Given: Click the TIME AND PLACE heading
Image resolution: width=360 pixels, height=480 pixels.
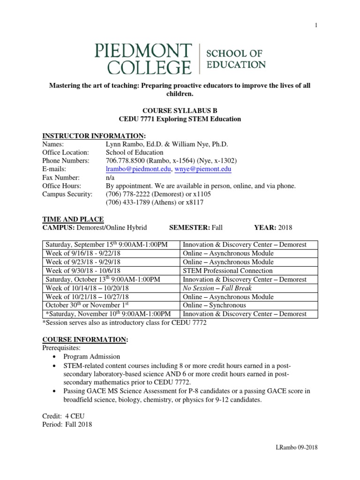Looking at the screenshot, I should coord(73,219).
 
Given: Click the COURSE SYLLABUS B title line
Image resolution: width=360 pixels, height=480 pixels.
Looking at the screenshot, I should coord(180,111).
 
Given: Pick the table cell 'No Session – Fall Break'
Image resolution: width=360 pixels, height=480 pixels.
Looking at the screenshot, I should coord(217,288).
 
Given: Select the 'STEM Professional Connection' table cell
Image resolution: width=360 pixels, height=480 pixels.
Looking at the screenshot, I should coord(227,270).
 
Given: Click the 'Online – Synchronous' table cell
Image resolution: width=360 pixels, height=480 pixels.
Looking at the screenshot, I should coord(214,305).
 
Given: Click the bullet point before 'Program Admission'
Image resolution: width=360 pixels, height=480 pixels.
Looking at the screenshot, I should coord(56,357).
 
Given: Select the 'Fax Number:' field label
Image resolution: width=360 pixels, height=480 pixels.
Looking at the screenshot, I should coord(61,177).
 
